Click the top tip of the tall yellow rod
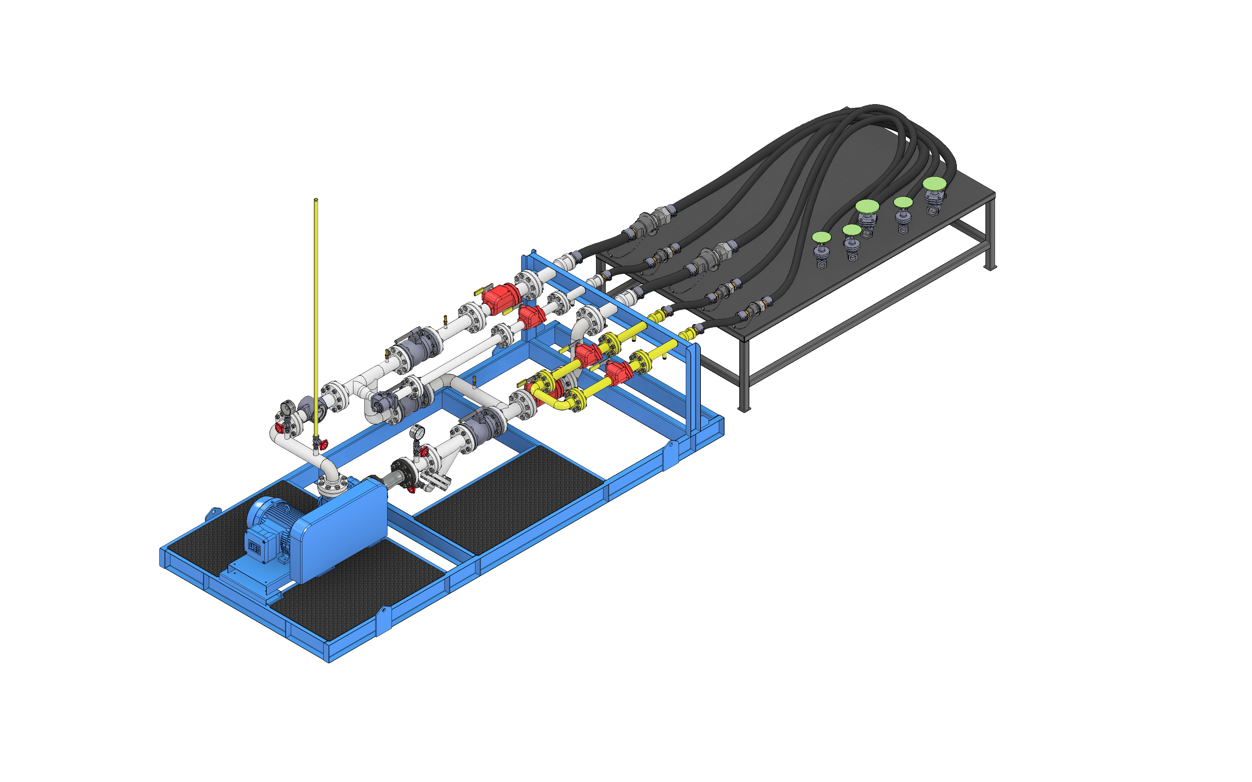coord(316,200)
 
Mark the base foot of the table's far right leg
coord(989,267)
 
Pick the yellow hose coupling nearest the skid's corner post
coord(688,334)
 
